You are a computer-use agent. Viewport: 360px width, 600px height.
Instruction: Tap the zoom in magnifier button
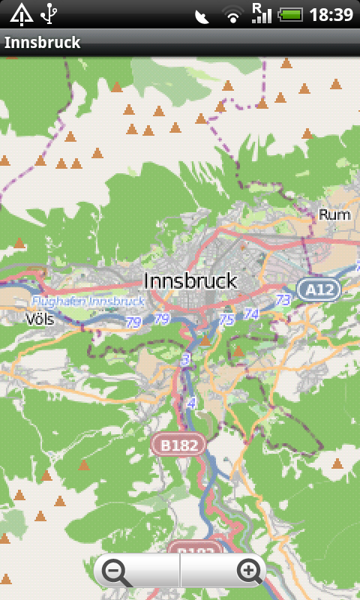(248, 571)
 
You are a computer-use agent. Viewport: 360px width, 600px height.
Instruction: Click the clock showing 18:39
(331, 14)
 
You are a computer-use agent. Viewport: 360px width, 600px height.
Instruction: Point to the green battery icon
(290, 14)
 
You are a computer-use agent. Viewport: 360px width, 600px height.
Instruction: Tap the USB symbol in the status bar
(49, 13)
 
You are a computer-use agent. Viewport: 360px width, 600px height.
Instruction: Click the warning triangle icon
(20, 13)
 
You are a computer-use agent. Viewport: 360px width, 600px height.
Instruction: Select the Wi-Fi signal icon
(233, 14)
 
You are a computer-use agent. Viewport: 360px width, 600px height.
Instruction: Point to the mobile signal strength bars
(261, 13)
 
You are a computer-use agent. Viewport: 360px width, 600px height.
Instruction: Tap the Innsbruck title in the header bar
(43, 43)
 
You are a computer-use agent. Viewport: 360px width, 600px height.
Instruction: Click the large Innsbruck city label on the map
(190, 281)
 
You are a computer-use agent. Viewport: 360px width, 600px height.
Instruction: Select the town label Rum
(334, 214)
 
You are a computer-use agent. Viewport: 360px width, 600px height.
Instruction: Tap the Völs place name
(39, 319)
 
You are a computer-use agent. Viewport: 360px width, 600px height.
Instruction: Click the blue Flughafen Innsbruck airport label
(87, 301)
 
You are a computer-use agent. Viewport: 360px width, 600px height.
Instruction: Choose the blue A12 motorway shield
(319, 289)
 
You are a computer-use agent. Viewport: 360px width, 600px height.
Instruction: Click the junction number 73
(283, 300)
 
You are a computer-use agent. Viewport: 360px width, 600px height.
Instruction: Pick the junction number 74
(250, 314)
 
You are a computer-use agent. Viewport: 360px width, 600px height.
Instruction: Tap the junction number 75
(226, 319)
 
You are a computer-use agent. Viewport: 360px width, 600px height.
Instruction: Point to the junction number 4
(191, 403)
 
